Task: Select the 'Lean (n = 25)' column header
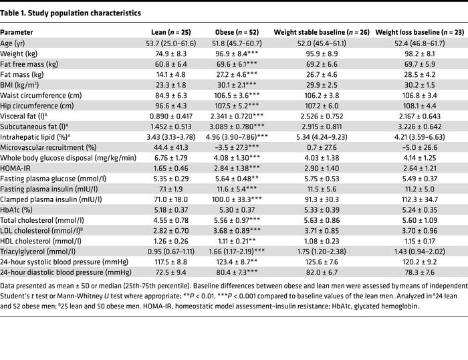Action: (168, 31)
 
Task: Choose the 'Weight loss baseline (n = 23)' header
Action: (416, 31)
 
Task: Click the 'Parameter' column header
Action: (19, 31)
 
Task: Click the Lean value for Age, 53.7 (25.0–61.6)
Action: (168, 46)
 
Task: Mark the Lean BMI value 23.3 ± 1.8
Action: (168, 86)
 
